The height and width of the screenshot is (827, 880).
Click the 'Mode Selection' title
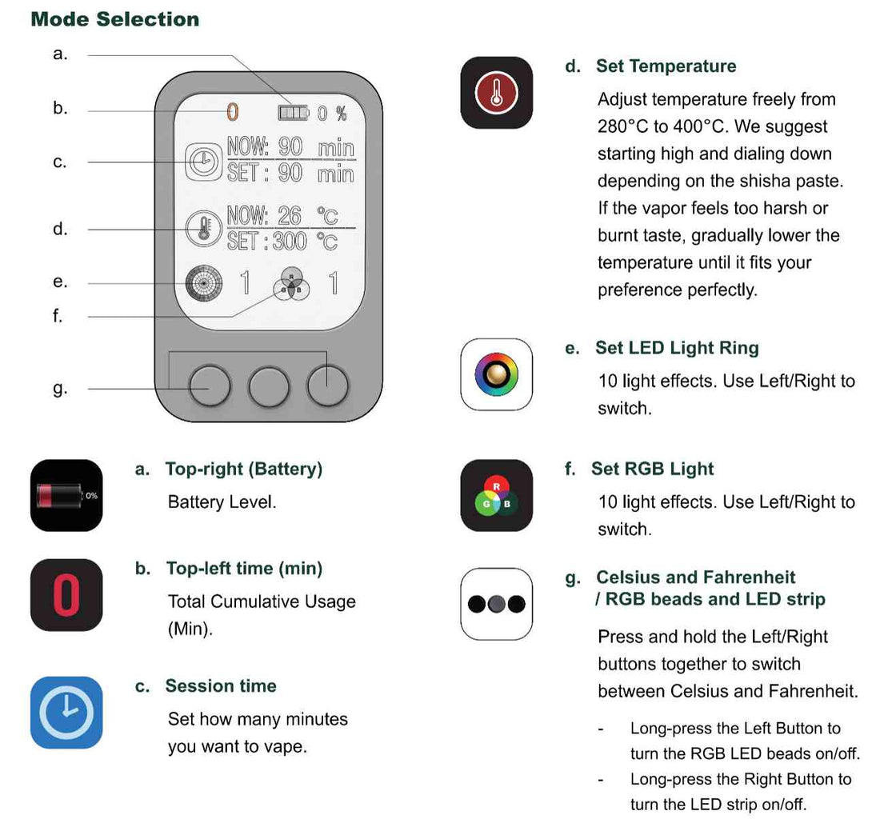[115, 19]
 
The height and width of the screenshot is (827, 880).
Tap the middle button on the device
[269, 386]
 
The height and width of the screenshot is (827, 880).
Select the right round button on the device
[328, 386]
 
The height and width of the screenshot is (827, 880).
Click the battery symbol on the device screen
[294, 113]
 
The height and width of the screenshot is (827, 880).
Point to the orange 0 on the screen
[232, 112]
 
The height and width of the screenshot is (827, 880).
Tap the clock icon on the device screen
[204, 162]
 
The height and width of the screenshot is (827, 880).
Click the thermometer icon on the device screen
[204, 229]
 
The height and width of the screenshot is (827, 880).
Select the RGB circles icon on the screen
[291, 284]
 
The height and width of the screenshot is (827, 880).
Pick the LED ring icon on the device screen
[204, 283]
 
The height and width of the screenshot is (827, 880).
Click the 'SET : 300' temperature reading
[267, 242]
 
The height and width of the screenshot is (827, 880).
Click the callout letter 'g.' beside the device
[60, 388]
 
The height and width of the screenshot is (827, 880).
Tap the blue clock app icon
[66, 713]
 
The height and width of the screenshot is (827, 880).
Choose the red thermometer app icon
[497, 93]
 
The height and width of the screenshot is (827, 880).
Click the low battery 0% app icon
[66, 495]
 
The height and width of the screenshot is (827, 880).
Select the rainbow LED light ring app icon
[497, 374]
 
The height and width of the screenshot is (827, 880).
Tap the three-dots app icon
[497, 604]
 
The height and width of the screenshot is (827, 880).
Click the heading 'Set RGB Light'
[653, 469]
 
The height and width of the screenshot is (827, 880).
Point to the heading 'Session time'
[221, 685]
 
